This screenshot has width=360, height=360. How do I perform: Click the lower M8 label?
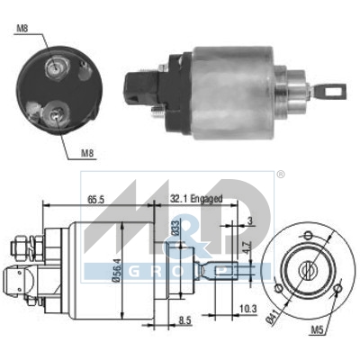tap(86, 153)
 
